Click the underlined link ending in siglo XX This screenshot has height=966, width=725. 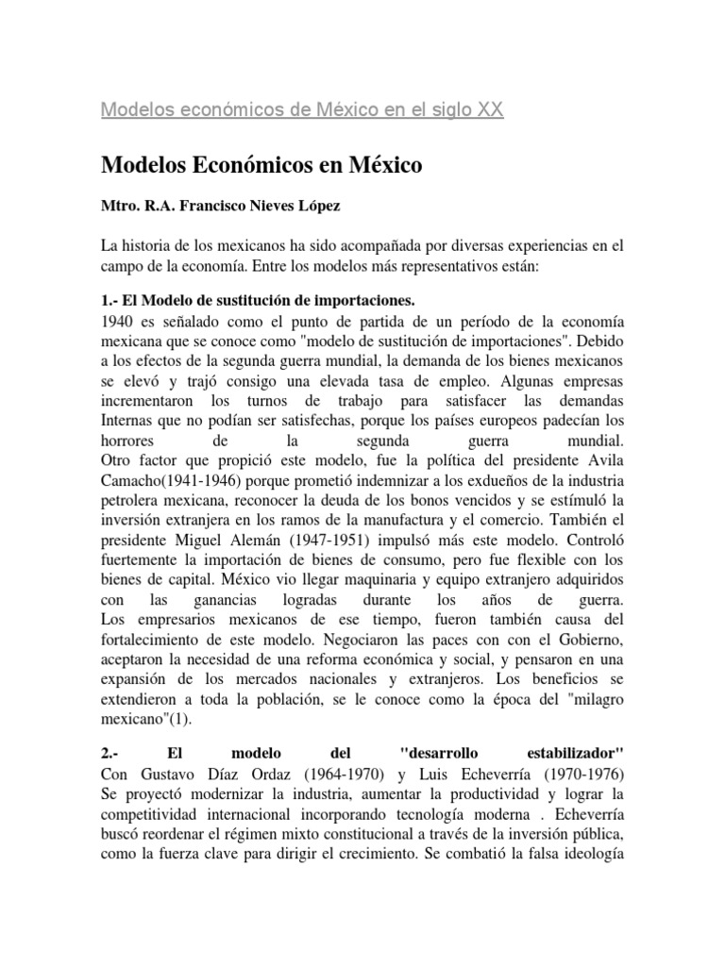(x=289, y=109)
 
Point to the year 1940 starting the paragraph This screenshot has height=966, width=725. (x=118, y=322)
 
